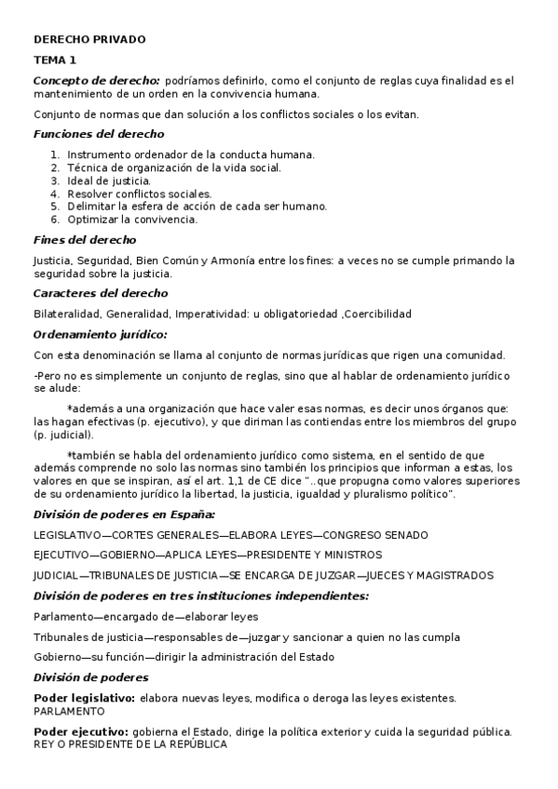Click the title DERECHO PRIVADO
click(89, 40)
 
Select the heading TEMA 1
click(55, 60)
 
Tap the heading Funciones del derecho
click(99, 134)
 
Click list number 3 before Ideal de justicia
click(56, 181)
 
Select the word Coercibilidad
click(378, 314)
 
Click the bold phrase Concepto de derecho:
click(97, 81)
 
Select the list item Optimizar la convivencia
click(132, 220)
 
